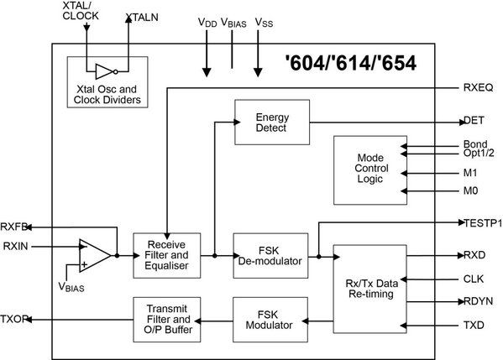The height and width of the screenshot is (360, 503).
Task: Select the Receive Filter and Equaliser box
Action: pyautogui.click(x=166, y=254)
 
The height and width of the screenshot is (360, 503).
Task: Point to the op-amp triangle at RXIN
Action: pyautogui.click(x=94, y=255)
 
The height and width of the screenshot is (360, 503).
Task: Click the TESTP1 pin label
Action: pyautogui.click(x=482, y=223)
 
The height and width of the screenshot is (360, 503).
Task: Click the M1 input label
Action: pyautogui.click(x=471, y=174)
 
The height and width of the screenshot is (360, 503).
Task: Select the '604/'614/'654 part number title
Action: pyautogui.click(x=352, y=63)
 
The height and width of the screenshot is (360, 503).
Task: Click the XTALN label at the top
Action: pyautogui.click(x=142, y=16)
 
